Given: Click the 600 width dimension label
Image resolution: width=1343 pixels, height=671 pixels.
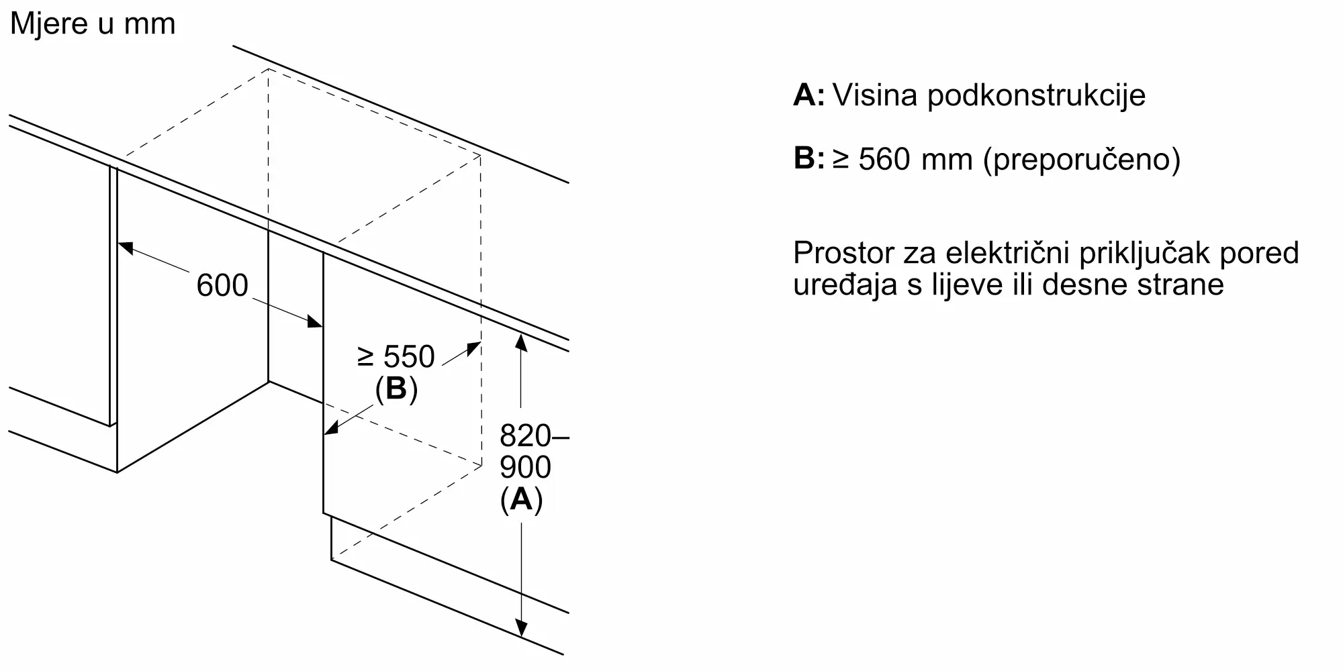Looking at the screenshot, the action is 222,285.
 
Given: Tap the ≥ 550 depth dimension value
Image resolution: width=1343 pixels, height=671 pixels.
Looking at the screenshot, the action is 396,356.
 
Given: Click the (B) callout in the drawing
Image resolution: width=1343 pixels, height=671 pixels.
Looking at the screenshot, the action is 396,389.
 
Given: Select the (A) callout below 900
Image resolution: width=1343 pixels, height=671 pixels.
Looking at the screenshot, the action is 521,499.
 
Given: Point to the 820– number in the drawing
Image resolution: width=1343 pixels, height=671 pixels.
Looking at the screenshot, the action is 535,436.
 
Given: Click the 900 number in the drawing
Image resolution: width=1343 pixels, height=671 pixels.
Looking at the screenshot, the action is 525,468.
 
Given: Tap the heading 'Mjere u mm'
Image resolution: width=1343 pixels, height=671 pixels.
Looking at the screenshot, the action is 93,23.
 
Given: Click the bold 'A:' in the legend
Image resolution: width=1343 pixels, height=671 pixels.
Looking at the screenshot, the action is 809,95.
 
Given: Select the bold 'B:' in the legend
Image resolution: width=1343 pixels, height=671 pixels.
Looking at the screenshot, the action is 809,159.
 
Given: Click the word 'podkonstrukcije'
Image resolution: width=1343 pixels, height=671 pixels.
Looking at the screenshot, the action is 1036,95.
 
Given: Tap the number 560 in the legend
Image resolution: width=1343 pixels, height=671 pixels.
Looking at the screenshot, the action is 885,159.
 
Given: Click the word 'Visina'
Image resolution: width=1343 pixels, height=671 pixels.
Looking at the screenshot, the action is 875,95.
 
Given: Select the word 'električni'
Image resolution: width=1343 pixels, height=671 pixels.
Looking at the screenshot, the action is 1007,253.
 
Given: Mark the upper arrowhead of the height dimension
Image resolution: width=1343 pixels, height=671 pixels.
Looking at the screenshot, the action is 521,342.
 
